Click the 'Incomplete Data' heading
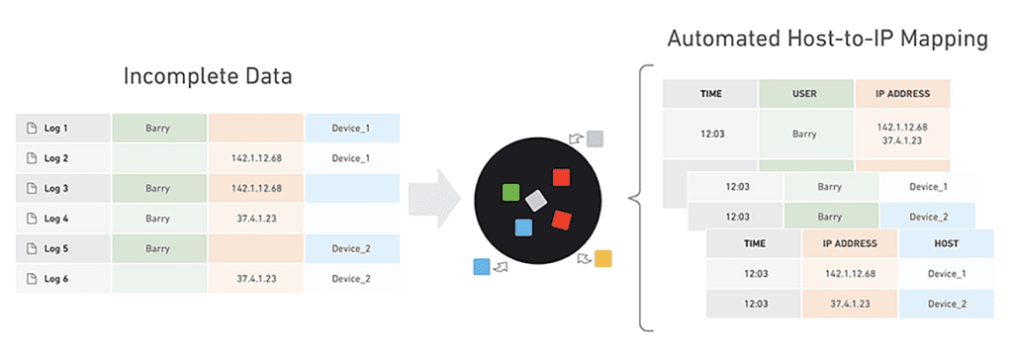click(x=208, y=76)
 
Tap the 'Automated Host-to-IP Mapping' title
click(x=827, y=39)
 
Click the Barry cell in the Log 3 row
click(x=158, y=189)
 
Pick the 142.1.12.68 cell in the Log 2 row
click(x=256, y=158)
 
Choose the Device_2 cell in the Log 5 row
click(x=351, y=249)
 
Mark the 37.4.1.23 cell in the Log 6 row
click(x=256, y=279)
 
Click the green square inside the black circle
click(x=511, y=192)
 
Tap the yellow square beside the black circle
click(x=602, y=258)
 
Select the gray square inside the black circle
click(x=536, y=201)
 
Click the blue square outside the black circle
click(x=482, y=266)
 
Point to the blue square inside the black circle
click(x=523, y=227)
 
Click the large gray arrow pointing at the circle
click(x=434, y=199)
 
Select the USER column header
click(x=805, y=94)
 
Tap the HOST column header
click(x=947, y=243)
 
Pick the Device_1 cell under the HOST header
click(x=947, y=273)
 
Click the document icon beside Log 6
click(x=31, y=279)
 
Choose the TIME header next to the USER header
click(x=710, y=94)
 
